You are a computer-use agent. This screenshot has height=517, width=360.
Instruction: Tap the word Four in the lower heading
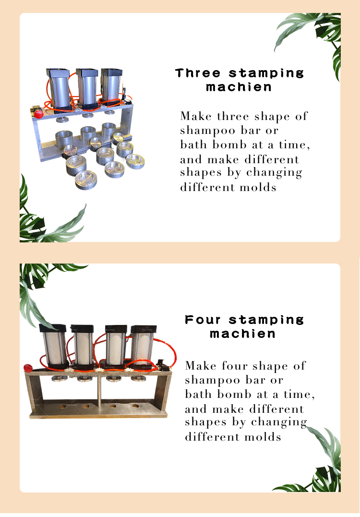click(204, 320)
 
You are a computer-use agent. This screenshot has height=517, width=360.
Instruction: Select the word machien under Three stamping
click(239, 87)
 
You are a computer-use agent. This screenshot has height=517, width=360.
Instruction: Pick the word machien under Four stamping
click(243, 334)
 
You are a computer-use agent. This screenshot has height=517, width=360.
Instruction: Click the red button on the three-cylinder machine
click(38, 113)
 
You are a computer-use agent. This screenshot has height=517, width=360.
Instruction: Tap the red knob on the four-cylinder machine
click(28, 368)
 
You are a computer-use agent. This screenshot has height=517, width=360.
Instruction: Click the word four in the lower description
click(235, 366)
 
